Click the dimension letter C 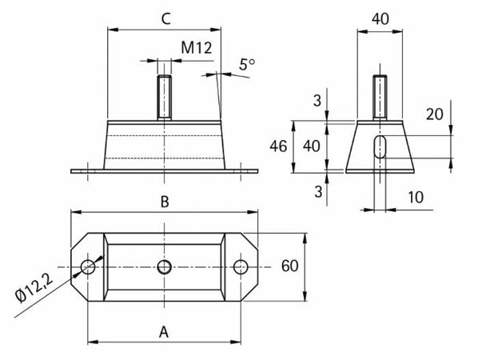coord(164,19)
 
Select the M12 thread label coord(195,49)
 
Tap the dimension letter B coord(164,202)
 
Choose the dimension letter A coord(164,330)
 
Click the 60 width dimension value coord(290,266)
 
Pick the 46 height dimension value coord(278,146)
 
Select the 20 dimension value coord(434,114)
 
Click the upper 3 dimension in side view coord(317,100)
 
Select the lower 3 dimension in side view coord(317,191)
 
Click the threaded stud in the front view coord(164,97)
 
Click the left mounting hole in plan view coord(87,267)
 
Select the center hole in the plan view coord(164,267)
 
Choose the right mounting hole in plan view coord(241,267)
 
